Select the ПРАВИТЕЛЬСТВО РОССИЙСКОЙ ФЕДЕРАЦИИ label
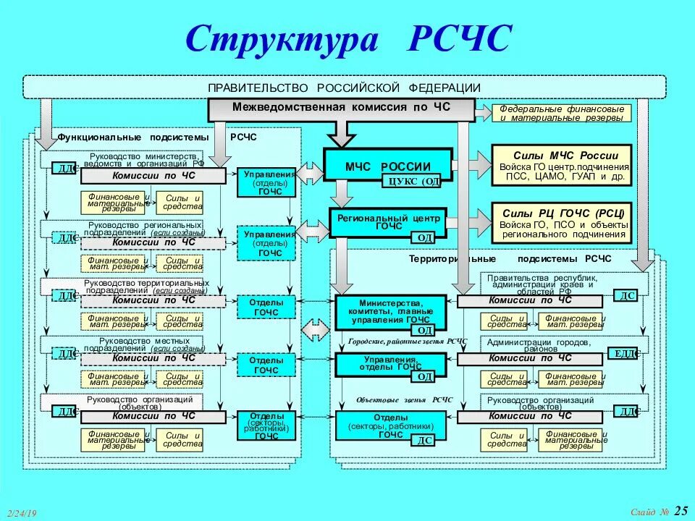[344, 87]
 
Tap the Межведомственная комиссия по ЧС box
[341, 108]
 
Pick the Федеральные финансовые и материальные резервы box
[562, 113]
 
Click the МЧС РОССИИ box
[387, 166]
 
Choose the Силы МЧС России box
[562, 165]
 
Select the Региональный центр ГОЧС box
[387, 221]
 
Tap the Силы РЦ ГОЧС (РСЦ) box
[562, 222]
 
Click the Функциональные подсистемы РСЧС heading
[156, 137]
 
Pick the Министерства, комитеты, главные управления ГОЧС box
[390, 311]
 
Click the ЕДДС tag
[626, 353]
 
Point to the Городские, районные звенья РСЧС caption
[407, 341]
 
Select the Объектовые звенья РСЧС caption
[404, 399]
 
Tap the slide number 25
[681, 511]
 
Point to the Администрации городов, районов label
[539, 345]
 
